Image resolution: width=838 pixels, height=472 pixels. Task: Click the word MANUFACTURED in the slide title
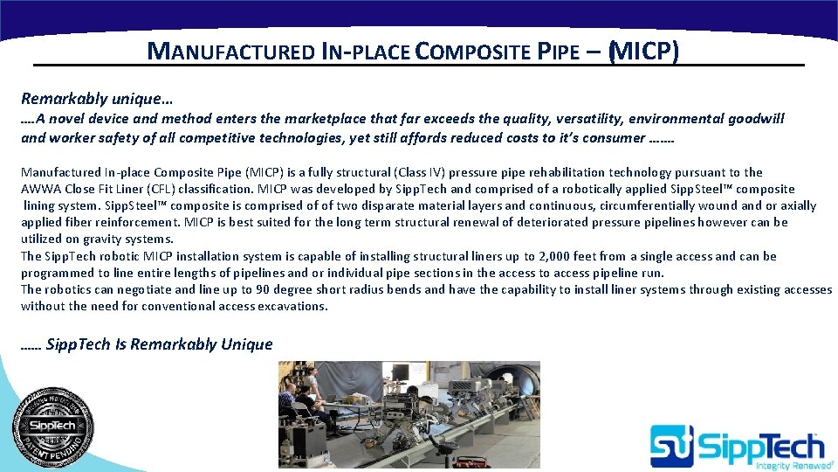[x=230, y=51]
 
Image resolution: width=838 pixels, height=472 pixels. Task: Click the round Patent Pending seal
[x=52, y=427]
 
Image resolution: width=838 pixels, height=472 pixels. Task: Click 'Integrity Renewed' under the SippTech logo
[x=784, y=466]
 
